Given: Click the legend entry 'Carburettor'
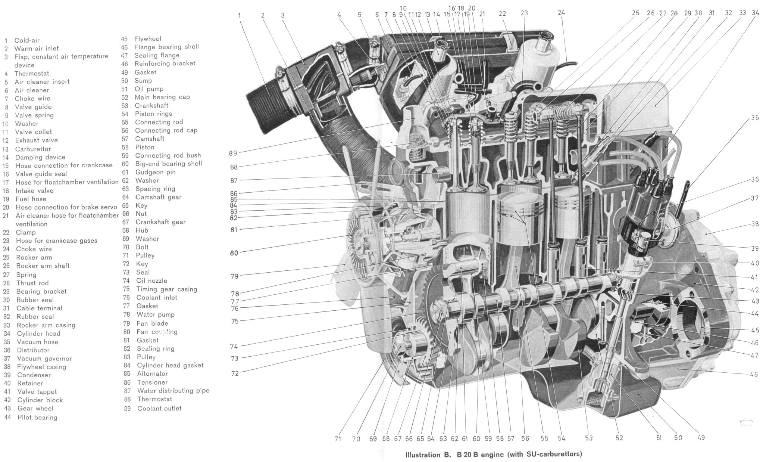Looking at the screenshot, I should tap(33, 149).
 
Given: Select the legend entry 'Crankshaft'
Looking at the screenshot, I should tap(151, 106).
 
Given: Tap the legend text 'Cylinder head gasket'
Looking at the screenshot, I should tap(170, 365).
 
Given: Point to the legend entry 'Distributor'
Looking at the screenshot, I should tap(33, 350).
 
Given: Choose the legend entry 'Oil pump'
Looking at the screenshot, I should tap(149, 89).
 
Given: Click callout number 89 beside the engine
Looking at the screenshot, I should tap(233, 153).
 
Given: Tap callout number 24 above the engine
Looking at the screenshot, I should tap(561, 13).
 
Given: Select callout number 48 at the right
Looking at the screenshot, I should tap(754, 374).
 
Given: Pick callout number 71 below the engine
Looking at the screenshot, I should tap(338, 439).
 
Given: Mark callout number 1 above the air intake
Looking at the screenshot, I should tap(240, 16).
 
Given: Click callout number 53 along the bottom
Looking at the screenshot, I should tap(589, 438).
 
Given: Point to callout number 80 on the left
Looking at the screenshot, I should tap(234, 253).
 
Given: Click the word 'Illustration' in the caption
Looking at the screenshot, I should tap(423, 455).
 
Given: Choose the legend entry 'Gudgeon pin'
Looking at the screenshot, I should tap(155, 172).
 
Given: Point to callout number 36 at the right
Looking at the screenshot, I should tap(755, 179).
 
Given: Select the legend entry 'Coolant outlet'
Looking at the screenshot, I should tap(159, 408).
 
